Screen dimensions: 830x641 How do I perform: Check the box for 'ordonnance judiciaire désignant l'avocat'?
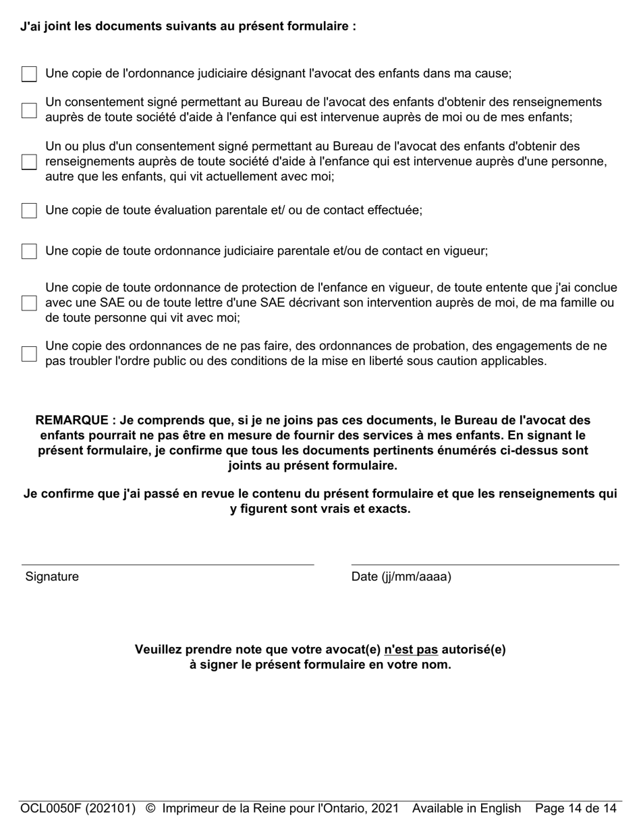(x=29, y=74)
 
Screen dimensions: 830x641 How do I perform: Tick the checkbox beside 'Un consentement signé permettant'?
(x=29, y=110)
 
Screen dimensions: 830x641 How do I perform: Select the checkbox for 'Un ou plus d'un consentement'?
(x=29, y=162)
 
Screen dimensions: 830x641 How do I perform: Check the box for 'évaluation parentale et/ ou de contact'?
(x=29, y=211)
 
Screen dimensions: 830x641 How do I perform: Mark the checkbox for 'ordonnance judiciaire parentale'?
(x=29, y=251)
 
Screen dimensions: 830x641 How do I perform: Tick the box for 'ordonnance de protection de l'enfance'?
(x=29, y=303)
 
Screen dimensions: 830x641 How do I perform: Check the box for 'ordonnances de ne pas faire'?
(x=29, y=354)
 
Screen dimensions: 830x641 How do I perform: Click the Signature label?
(x=52, y=577)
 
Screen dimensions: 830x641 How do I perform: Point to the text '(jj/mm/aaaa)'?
(x=416, y=577)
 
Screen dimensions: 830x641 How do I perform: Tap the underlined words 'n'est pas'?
(x=411, y=650)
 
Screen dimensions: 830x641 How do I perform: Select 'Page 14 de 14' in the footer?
(x=576, y=808)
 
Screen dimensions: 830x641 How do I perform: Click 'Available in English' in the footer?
(x=466, y=808)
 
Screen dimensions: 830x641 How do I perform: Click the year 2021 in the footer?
(x=384, y=808)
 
